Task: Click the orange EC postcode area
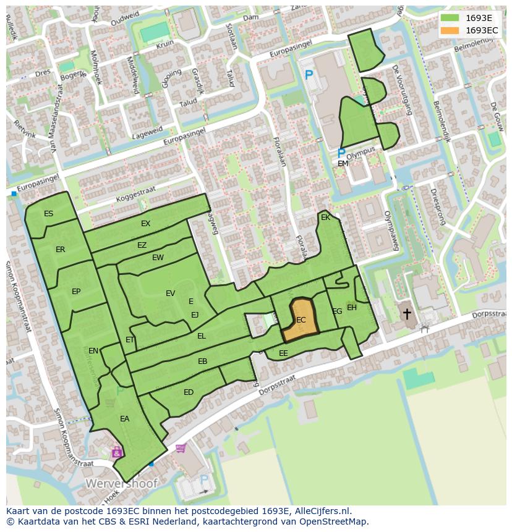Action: coord(301,319)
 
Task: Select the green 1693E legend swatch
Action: coord(450,17)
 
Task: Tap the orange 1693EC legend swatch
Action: coord(450,30)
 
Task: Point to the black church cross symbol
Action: coord(407,313)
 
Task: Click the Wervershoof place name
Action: coord(122,483)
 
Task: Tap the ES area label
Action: coord(48,214)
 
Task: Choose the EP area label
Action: coord(76,292)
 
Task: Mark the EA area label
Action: coord(125,419)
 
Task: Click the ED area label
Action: coord(189,392)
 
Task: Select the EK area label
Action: coord(325,217)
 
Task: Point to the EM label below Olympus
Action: coord(343,164)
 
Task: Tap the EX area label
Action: coord(145,224)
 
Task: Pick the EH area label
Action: coord(352,308)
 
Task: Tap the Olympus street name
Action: coord(361,152)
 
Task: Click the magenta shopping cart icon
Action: coord(181,448)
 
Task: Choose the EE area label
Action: coord(283,353)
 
